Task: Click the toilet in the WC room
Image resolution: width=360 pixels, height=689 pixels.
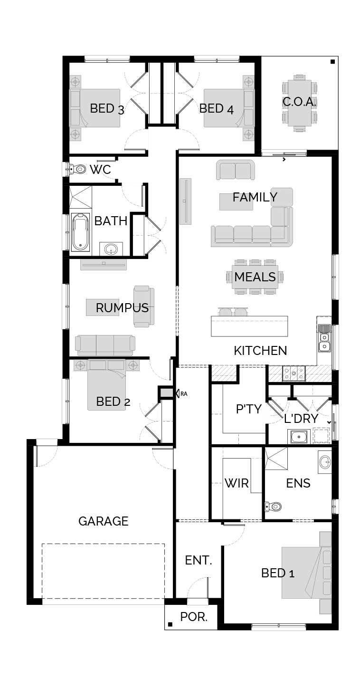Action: pos(77,169)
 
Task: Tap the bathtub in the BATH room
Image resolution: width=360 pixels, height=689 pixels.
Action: pos(81,232)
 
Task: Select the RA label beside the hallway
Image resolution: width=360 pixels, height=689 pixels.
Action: pos(184,394)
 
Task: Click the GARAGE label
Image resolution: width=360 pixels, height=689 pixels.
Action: pos(103,521)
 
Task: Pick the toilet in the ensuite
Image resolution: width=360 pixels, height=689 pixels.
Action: pos(273,506)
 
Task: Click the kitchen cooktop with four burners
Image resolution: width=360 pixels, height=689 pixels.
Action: pos(294,373)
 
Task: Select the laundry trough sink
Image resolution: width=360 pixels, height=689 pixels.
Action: pos(298,436)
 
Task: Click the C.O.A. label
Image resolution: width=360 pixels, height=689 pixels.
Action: pos(299,102)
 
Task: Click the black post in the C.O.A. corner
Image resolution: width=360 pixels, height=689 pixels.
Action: pos(332,62)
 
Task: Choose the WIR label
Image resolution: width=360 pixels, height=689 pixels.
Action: pos(237,483)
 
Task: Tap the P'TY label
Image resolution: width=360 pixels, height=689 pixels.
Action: pos(249,409)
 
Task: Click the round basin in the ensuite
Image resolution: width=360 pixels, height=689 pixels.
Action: pos(325,462)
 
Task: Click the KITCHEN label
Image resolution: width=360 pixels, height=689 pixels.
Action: pos(260,351)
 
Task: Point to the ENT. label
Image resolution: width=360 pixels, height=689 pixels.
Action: pos(199,560)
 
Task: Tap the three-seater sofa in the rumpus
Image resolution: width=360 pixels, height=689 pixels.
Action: pos(105,345)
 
